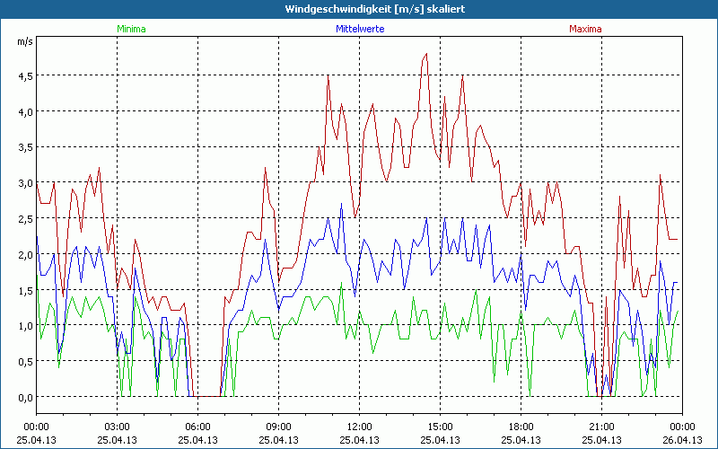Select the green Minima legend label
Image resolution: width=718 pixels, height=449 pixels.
tap(130, 29)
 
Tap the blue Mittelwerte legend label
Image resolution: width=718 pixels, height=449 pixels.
tap(358, 29)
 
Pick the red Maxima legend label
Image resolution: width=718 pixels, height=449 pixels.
tap(586, 29)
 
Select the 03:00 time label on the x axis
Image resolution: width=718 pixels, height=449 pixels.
tap(117, 427)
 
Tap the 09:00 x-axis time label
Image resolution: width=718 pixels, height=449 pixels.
tap(278, 427)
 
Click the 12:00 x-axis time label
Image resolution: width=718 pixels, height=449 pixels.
tap(359, 427)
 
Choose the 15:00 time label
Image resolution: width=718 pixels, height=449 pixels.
tap(440, 427)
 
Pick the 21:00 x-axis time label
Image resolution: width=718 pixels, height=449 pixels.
tap(601, 427)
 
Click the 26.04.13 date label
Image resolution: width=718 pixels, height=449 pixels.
tap(681, 440)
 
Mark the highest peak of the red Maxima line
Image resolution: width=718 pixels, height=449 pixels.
tap(427, 54)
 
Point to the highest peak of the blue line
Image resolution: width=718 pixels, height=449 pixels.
tap(342, 204)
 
